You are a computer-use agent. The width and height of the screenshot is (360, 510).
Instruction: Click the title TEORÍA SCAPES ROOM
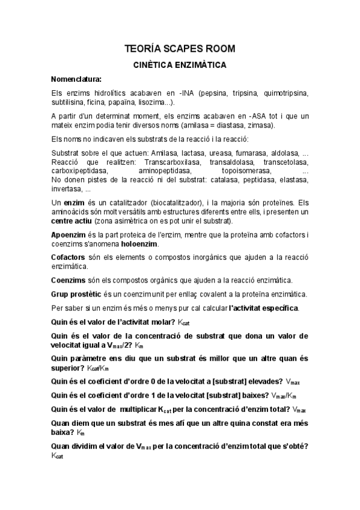(180, 48)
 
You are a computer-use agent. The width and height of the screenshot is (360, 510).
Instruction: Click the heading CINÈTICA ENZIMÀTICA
(180, 63)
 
